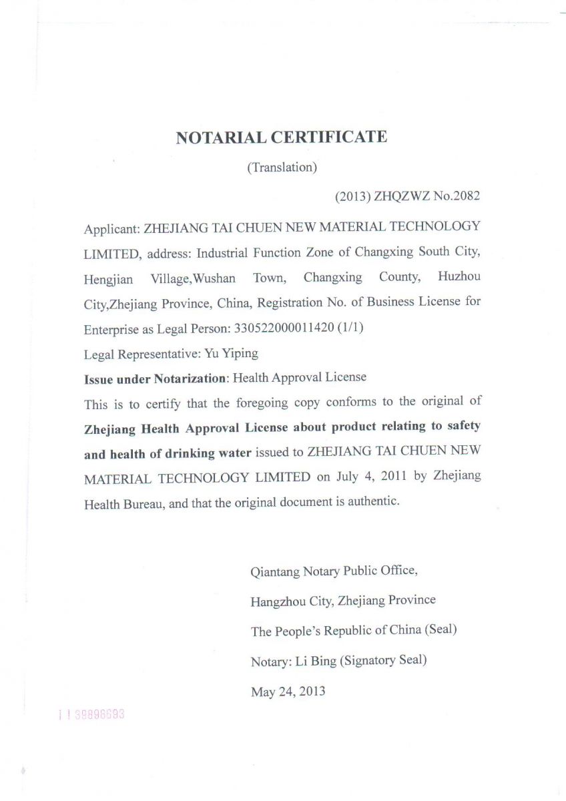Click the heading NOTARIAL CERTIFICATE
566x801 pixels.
coord(281,138)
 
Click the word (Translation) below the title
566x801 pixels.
coord(282,168)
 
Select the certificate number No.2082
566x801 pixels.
coord(457,196)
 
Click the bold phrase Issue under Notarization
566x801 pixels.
coord(155,378)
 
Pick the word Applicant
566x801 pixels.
coord(111,228)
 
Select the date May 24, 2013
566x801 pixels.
coord(288,692)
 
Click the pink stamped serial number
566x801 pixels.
coord(91,714)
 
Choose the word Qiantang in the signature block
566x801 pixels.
coord(274,571)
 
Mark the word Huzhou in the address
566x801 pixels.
coord(459,276)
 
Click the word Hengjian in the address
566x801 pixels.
coord(108,279)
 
